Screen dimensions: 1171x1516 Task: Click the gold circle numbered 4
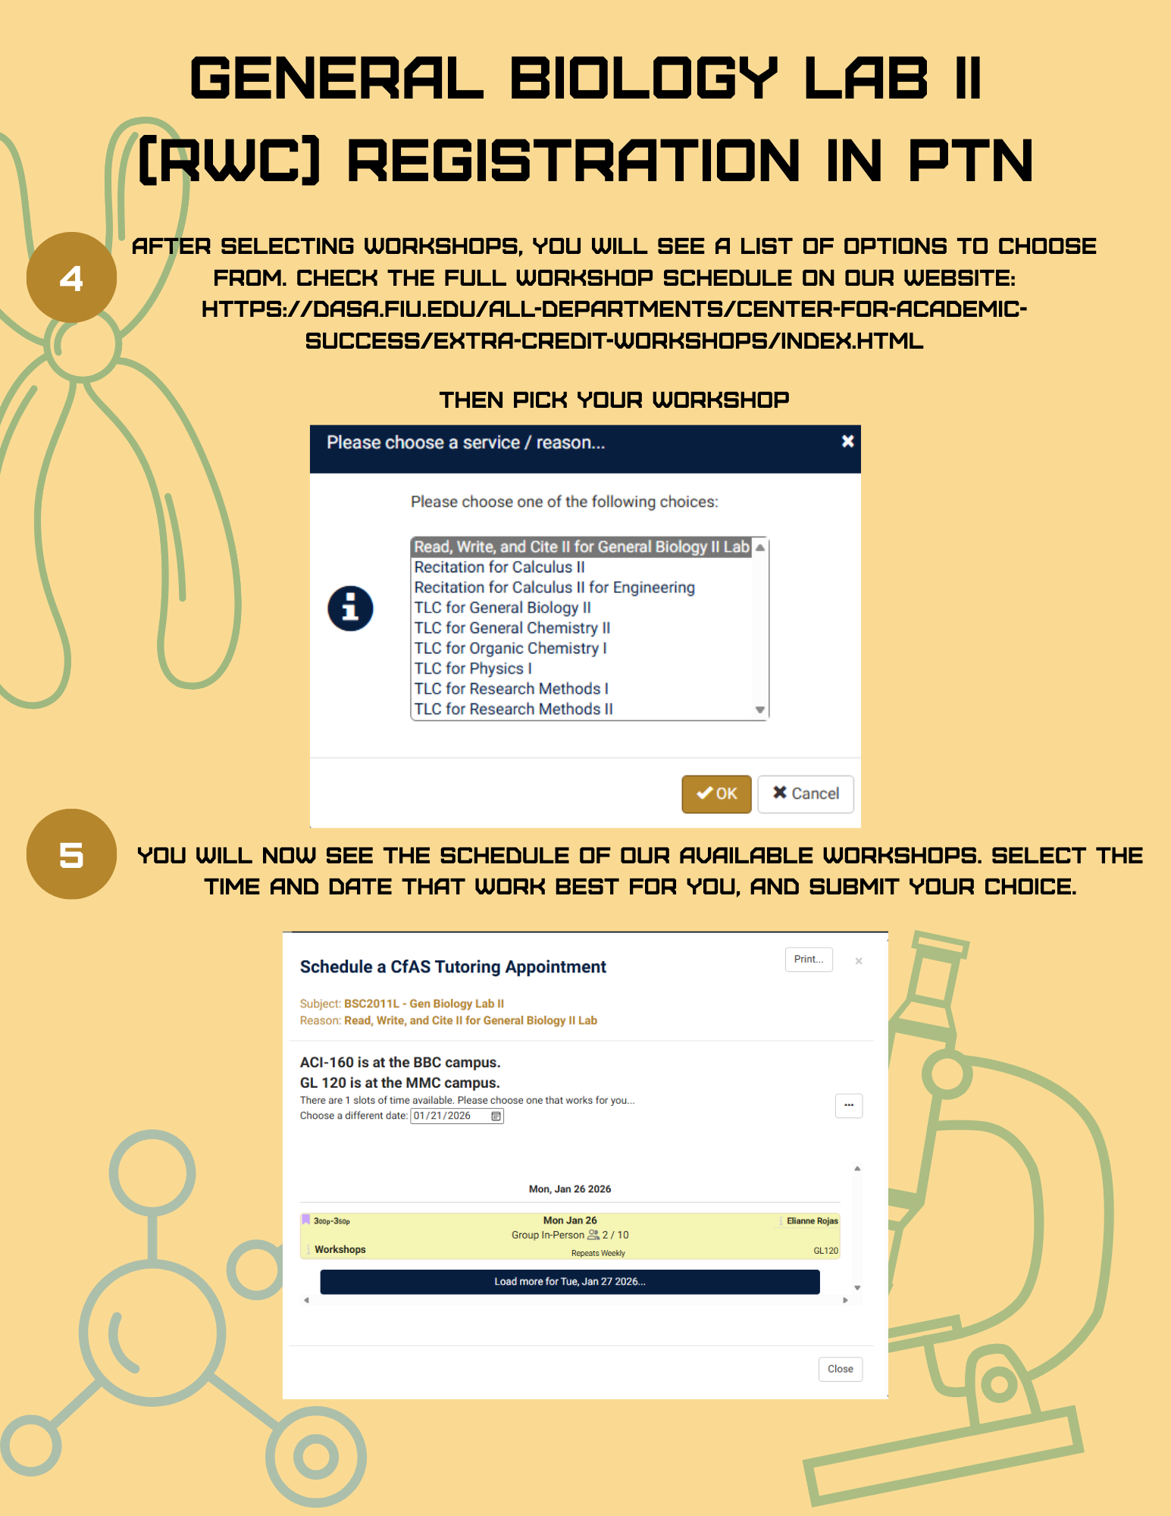coord(71,277)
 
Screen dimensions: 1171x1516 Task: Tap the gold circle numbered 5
coord(71,854)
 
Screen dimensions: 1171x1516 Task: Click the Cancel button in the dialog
coord(806,794)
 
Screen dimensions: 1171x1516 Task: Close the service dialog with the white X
coord(848,441)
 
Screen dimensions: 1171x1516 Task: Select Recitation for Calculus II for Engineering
coord(554,587)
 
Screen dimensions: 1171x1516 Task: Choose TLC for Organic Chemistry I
coord(510,648)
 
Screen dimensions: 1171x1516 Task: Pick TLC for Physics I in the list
coord(473,669)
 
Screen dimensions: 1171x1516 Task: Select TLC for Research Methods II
coord(513,709)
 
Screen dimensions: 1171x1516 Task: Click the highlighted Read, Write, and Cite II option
coord(581,547)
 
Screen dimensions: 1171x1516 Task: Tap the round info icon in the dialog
coord(350,608)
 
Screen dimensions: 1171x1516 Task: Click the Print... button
coord(809,959)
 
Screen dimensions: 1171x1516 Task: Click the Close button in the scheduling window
coord(841,1369)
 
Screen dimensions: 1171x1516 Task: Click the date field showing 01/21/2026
coord(457,1116)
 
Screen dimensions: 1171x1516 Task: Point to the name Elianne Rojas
coord(812,1220)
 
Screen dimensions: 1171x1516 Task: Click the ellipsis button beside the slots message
coord(849,1105)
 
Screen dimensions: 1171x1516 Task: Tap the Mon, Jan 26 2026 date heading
coord(570,1189)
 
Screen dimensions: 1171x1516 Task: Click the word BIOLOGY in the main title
coord(643,78)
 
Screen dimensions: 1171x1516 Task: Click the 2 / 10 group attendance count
coord(615,1235)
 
